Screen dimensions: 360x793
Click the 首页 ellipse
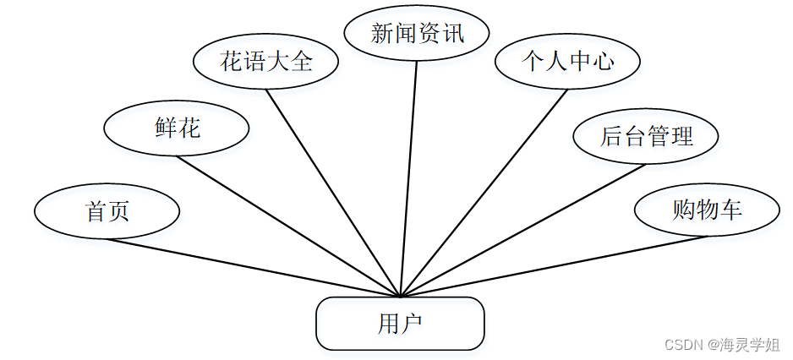click(107, 211)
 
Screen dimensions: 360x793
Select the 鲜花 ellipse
click(177, 128)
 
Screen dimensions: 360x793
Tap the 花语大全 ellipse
click(266, 61)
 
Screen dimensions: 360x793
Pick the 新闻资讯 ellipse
click(418, 34)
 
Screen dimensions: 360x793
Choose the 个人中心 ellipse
click(567, 61)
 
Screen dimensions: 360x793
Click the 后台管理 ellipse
click(646, 136)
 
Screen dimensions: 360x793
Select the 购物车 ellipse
click(707, 209)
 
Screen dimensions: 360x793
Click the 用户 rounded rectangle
click(400, 323)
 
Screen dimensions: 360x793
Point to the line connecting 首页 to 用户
click(254, 268)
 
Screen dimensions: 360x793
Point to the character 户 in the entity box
click(412, 323)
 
